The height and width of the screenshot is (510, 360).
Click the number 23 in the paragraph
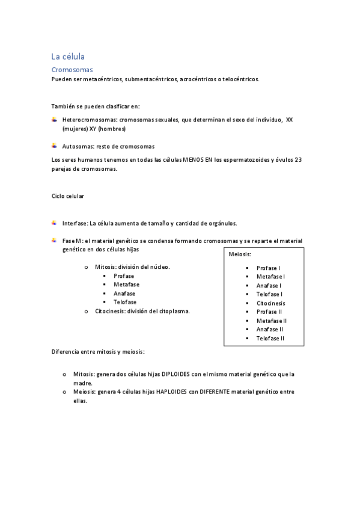[x=299, y=160]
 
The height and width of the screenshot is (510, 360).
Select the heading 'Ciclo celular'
[x=68, y=196]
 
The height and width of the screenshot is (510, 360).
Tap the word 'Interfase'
[x=75, y=223]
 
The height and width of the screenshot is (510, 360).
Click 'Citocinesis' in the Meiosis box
[x=270, y=303]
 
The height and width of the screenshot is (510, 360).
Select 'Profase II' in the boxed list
[x=269, y=312]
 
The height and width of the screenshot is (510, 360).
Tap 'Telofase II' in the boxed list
[x=270, y=339]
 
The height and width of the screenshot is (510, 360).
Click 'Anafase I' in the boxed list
[x=268, y=286]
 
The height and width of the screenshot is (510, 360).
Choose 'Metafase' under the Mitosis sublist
[x=126, y=284]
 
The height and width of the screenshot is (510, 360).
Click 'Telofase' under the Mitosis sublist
[x=124, y=302]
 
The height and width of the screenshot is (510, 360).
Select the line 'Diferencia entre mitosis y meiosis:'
[x=98, y=351]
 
